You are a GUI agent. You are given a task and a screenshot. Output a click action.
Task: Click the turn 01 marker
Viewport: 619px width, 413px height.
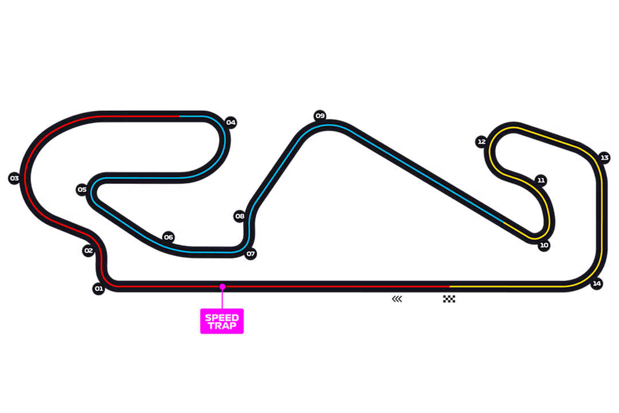(x=99, y=289)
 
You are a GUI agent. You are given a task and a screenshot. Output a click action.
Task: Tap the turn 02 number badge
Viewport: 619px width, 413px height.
(x=88, y=251)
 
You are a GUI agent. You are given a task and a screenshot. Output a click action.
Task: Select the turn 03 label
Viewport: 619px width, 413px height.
(x=14, y=178)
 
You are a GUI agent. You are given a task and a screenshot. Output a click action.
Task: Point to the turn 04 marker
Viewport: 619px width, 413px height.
(x=230, y=122)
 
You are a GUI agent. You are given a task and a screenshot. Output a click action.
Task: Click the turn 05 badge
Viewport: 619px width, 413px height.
(x=83, y=189)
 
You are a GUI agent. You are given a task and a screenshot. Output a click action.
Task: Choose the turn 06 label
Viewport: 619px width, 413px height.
(x=168, y=237)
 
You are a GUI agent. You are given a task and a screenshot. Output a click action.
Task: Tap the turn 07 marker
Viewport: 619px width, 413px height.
(x=250, y=254)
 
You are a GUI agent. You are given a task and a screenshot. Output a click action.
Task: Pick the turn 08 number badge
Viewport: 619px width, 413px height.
(x=240, y=216)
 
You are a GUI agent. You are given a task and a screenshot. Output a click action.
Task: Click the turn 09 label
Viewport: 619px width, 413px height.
(x=320, y=115)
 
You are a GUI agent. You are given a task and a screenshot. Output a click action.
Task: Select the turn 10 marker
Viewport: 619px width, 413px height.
(x=544, y=245)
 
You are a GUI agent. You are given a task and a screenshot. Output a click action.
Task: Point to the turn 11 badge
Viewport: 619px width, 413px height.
(x=541, y=180)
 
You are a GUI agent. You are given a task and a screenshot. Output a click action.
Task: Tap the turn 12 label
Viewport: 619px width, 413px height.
(x=481, y=142)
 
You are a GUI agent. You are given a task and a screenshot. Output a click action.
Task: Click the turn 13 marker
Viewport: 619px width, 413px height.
(x=605, y=157)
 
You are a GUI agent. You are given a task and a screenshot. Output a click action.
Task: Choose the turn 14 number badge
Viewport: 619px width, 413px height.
(x=597, y=283)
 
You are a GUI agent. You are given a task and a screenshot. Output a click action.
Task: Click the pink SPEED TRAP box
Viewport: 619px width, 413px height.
(x=222, y=322)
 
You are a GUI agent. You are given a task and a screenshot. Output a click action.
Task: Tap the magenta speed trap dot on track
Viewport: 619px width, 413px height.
(x=222, y=286)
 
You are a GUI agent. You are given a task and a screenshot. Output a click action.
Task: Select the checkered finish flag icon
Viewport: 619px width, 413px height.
(x=450, y=298)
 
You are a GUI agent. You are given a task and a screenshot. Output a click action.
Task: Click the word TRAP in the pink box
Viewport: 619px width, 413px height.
(x=222, y=326)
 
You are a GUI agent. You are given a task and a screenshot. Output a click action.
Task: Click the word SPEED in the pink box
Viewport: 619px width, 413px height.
(x=222, y=318)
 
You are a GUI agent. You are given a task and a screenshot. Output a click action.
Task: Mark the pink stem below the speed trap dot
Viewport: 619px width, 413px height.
(x=222, y=299)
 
